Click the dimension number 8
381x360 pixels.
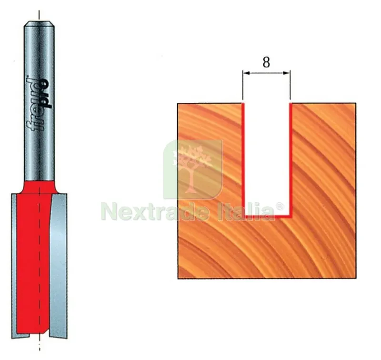(x=266, y=62)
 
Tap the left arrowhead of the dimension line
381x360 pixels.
(x=246, y=73)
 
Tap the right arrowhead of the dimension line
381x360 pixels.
(x=287, y=73)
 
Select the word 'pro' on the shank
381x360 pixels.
(x=46, y=93)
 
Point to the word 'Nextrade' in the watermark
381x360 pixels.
(x=155, y=212)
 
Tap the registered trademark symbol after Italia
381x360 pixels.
(x=280, y=207)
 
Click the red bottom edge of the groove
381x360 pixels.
(x=267, y=216)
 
